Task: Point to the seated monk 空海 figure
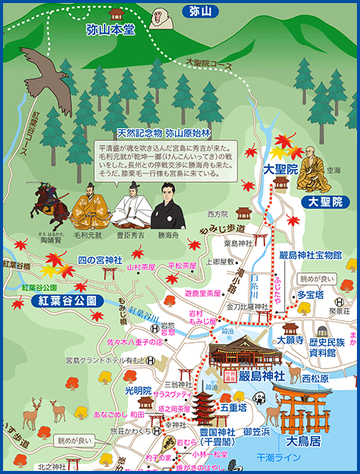311,167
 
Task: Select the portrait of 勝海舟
166,208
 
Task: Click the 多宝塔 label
310,294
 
